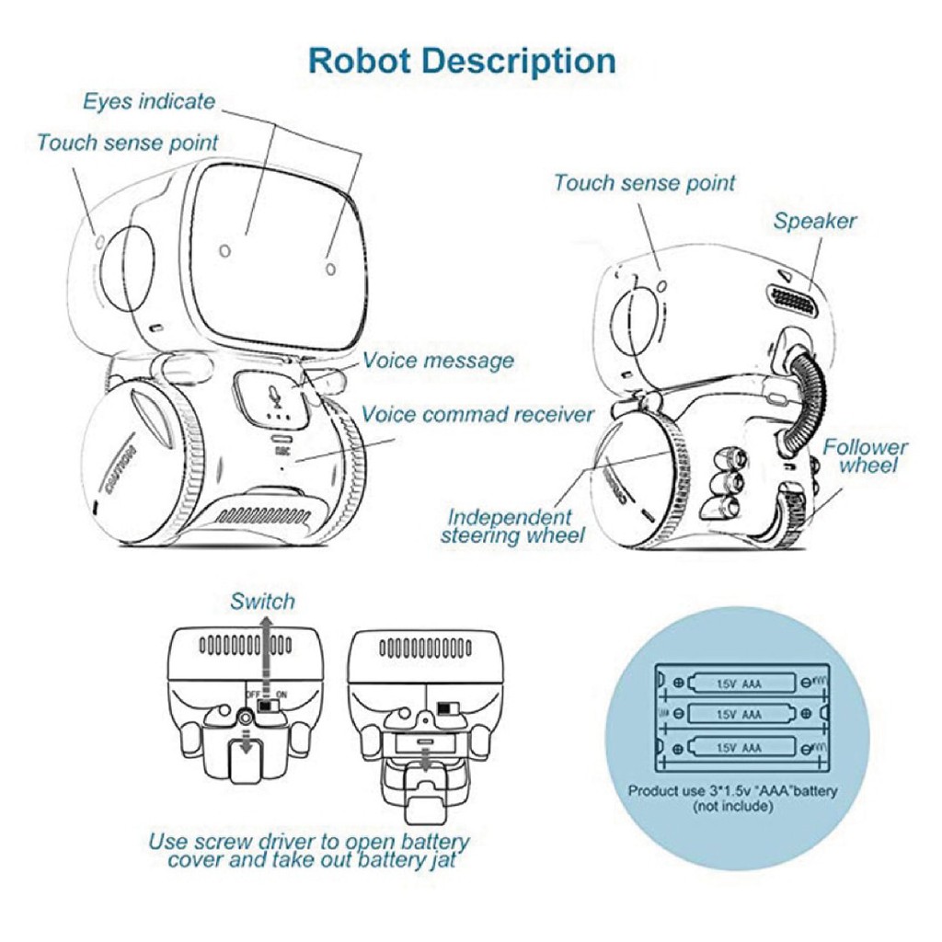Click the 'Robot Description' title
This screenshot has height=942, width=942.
click(x=462, y=61)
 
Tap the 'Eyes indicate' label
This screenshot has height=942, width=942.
click(x=149, y=101)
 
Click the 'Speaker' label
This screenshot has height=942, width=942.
click(x=814, y=221)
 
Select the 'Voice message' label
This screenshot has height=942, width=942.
click(x=438, y=360)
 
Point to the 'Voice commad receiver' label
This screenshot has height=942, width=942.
click(x=477, y=414)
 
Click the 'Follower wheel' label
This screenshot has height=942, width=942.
click(x=865, y=456)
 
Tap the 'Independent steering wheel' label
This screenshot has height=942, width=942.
click(x=512, y=526)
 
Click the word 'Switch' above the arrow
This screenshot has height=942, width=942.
click(x=262, y=602)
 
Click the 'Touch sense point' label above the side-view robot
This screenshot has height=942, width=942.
click(x=644, y=183)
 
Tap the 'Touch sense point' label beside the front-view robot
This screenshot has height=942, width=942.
click(x=128, y=143)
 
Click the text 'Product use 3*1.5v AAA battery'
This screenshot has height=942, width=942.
click(x=733, y=790)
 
